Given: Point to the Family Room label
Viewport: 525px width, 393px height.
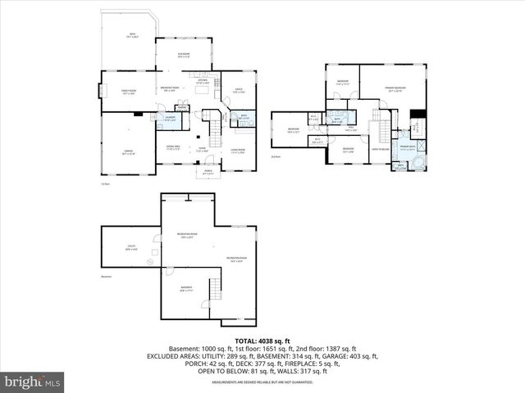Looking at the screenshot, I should [x=127, y=93].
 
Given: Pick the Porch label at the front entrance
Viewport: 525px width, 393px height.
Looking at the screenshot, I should [x=208, y=172].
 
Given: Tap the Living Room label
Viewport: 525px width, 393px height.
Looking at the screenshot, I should [x=239, y=151].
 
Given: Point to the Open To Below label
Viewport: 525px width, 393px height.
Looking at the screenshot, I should [x=380, y=151].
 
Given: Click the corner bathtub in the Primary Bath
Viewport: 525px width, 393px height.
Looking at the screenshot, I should [x=419, y=163].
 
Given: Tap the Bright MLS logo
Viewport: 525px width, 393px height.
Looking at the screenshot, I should [x=34, y=382].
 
